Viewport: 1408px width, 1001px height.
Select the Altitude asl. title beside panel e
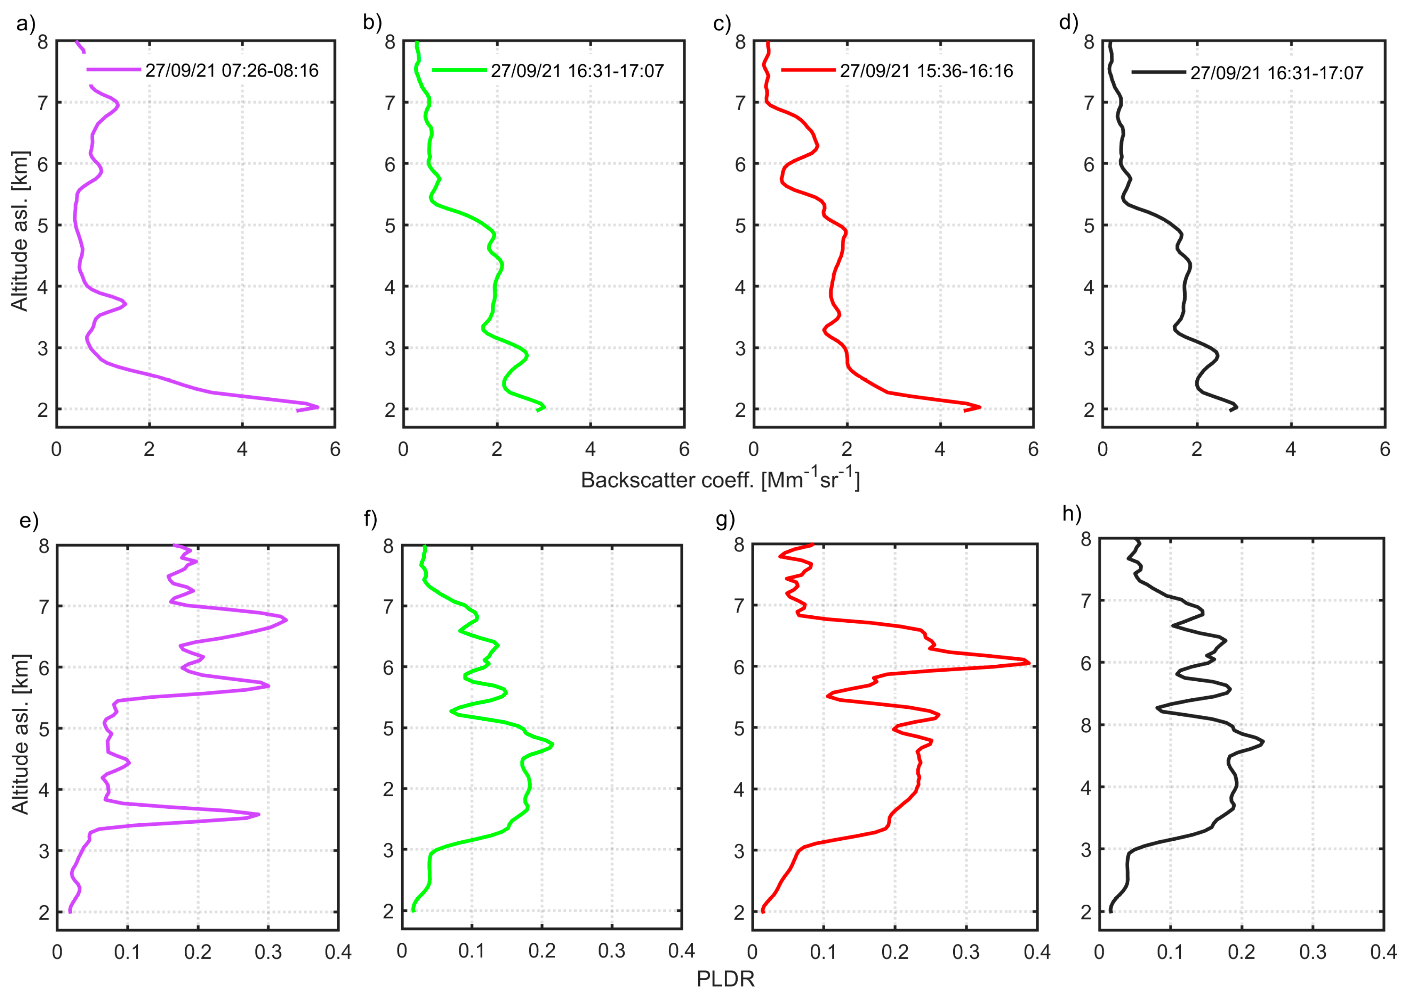(20, 734)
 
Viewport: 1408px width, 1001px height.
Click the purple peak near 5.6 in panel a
(317, 407)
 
